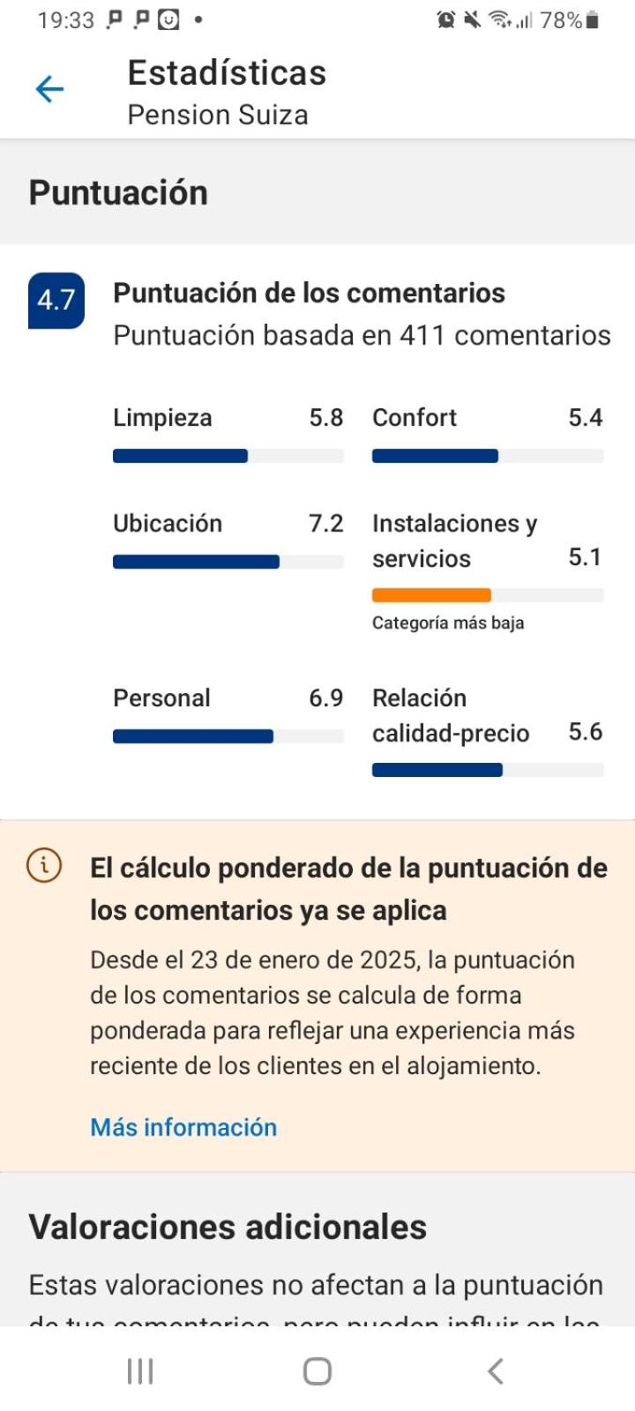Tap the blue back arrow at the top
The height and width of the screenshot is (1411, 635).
(x=49, y=89)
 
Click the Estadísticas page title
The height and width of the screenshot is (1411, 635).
(x=227, y=73)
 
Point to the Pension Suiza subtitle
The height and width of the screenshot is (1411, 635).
(x=218, y=116)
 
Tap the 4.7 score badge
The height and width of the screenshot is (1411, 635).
(x=56, y=301)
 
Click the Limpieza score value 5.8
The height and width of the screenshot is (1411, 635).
(x=325, y=418)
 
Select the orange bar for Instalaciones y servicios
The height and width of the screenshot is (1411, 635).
(x=431, y=595)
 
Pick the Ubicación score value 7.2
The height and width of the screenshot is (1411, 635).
(x=325, y=524)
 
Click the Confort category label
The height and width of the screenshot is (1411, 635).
(x=415, y=418)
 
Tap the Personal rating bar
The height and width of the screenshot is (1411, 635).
(x=193, y=736)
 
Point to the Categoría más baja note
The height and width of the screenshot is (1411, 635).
(x=448, y=623)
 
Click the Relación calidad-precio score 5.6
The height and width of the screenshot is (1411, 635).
(x=585, y=732)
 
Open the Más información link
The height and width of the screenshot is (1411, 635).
(x=183, y=1127)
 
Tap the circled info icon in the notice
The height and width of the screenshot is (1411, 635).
(x=44, y=865)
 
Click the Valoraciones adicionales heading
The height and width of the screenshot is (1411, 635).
(x=228, y=1227)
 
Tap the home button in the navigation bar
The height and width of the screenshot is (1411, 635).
(x=317, y=1371)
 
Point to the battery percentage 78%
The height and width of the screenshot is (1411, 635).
(x=560, y=20)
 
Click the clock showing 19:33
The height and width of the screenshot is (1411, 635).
(x=65, y=20)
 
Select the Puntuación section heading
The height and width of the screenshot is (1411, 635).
(x=118, y=193)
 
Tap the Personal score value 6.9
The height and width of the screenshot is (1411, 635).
(x=325, y=698)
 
